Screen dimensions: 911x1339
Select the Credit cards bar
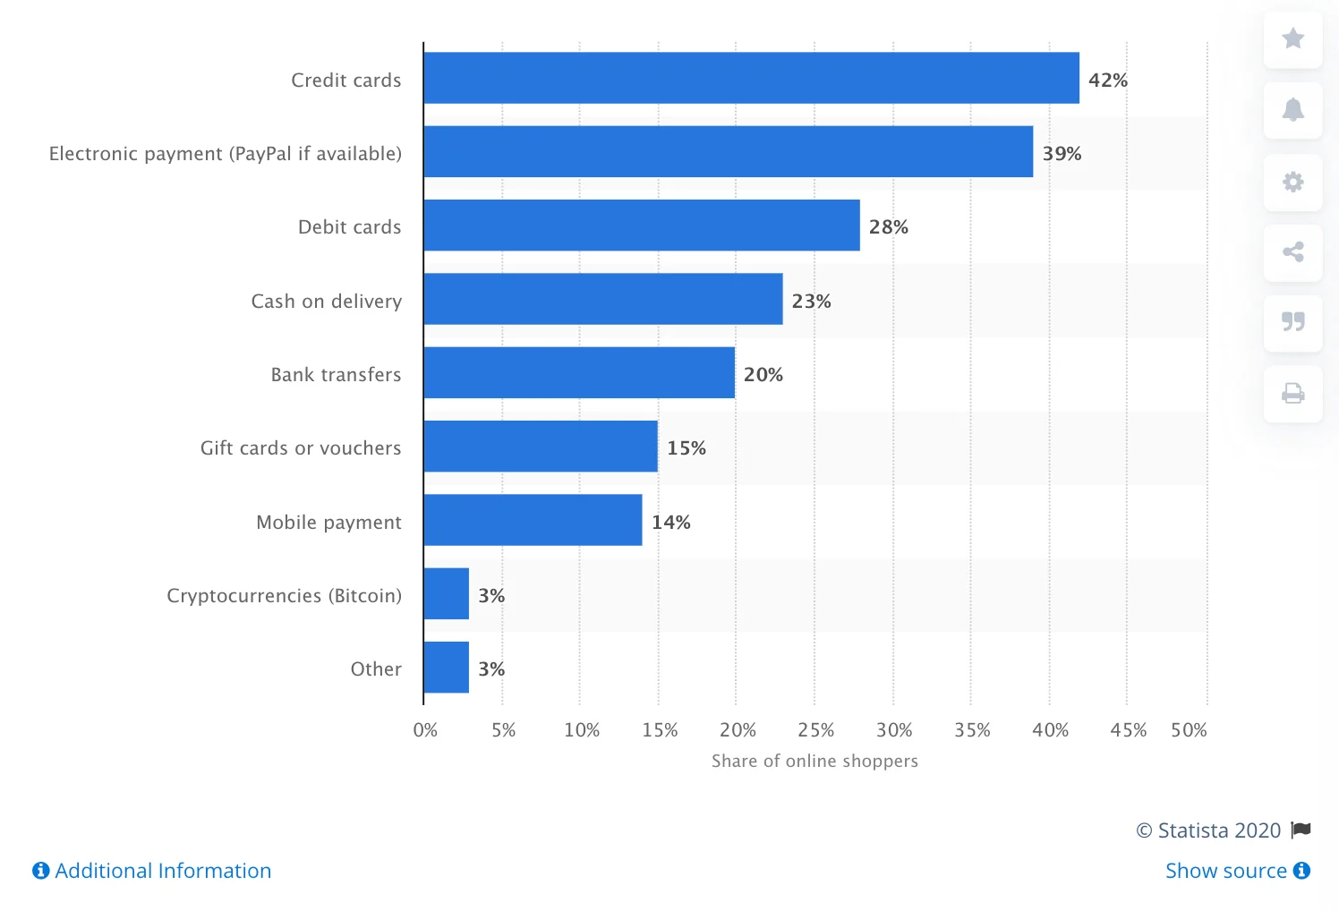751,78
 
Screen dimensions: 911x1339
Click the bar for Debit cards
641,226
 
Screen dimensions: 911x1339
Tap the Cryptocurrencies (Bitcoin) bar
446,593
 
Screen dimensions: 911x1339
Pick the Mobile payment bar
533,520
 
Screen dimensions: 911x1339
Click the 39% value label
1062,153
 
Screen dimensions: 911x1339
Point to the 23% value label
811,301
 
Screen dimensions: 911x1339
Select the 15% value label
686,447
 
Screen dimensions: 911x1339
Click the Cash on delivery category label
326,301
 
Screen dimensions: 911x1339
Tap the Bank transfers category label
336,374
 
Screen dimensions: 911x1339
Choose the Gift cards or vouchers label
301,447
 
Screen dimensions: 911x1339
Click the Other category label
376,668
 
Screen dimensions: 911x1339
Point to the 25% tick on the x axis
815,729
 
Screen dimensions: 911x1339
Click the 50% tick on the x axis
1189,729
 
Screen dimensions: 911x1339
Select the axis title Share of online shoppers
814,761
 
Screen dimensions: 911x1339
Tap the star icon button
1292,38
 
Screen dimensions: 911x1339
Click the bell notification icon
1292,110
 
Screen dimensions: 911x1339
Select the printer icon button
1292,393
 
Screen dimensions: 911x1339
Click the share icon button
1292,251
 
